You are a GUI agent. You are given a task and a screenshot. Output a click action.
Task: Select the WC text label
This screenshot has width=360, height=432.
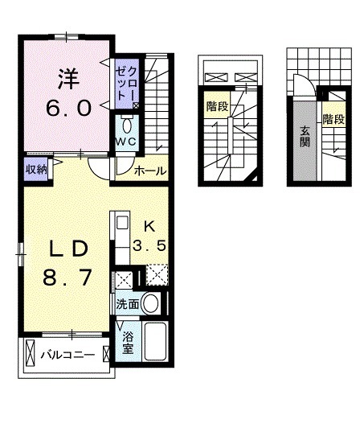pyautogui.click(x=125, y=142)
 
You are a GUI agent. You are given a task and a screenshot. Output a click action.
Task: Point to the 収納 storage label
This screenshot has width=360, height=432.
pyautogui.click(x=35, y=168)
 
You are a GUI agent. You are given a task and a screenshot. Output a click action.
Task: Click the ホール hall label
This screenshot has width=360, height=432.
pyautogui.click(x=149, y=170)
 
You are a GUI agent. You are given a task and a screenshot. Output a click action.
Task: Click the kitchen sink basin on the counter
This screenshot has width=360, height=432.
pyautogui.click(x=121, y=223)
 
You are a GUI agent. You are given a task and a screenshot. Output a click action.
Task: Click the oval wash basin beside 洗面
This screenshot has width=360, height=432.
pyautogui.click(x=150, y=304)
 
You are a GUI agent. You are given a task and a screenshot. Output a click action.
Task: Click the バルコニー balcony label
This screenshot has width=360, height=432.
pyautogui.click(x=68, y=355)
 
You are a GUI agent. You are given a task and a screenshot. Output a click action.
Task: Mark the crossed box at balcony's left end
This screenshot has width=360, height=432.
pyautogui.click(x=31, y=354)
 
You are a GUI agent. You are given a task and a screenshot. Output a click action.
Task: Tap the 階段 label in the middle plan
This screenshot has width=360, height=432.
pyautogui.click(x=216, y=105)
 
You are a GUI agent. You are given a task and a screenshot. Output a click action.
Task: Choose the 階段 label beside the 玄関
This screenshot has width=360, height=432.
pyautogui.click(x=333, y=118)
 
